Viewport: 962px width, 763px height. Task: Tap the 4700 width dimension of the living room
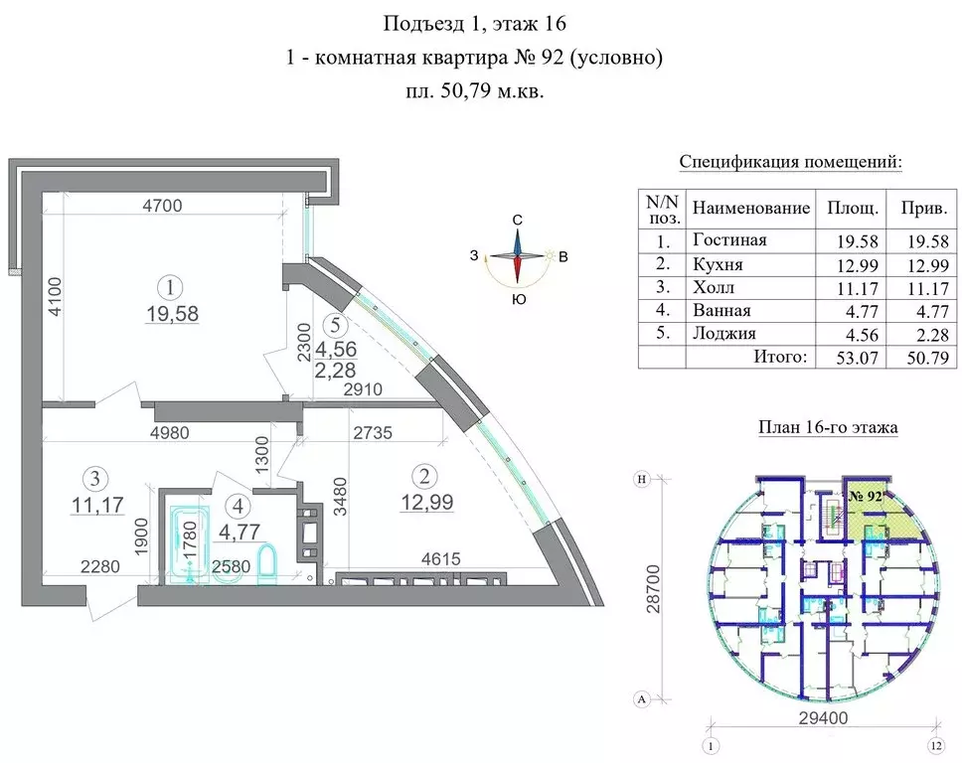coord(163,205)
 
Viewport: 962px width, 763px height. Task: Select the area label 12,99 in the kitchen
coord(427,503)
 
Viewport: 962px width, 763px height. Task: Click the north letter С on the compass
coord(517,221)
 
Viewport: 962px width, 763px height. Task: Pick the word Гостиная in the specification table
coord(729,239)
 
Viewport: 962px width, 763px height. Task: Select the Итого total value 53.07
coord(857,357)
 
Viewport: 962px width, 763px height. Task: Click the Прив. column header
coord(924,209)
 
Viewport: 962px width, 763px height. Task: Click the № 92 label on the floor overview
coord(866,496)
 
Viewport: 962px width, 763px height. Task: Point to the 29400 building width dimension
coord(823,717)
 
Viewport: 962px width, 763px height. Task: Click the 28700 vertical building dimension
coord(654,589)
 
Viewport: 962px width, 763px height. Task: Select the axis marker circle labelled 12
coord(936,746)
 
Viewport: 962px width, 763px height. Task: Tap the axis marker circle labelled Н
coord(642,480)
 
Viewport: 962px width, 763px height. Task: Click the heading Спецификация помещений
coord(791,163)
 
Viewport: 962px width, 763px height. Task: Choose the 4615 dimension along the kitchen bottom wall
coord(440,558)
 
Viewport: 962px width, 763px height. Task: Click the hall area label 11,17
coord(97,505)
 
